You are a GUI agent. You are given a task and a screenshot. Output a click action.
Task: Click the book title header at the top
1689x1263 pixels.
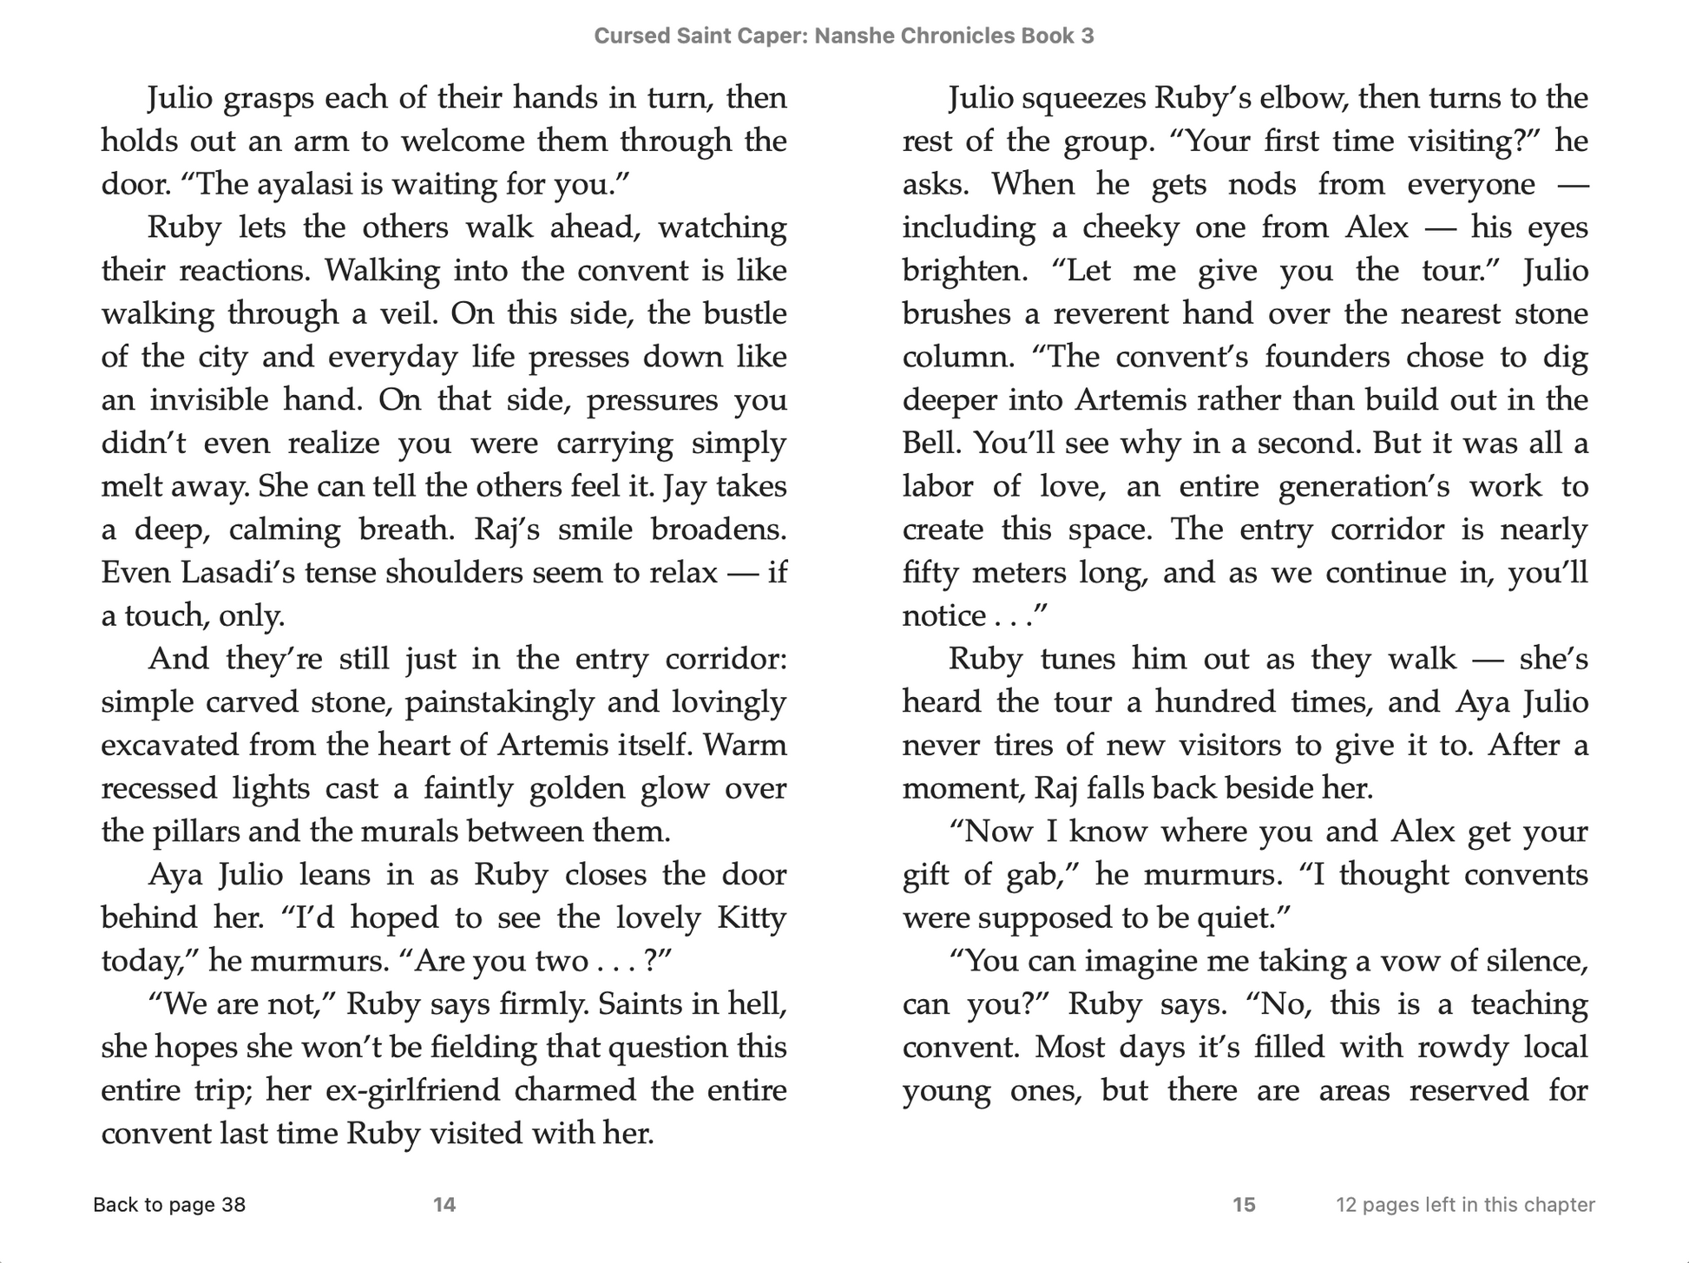844,36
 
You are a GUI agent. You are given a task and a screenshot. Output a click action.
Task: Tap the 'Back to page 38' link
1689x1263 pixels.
169,1205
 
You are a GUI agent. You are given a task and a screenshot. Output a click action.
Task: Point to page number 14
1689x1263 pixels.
444,1205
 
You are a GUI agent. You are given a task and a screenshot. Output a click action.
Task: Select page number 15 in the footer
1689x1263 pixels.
1244,1205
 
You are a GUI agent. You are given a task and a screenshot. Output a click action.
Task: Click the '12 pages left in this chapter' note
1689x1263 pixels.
1465,1205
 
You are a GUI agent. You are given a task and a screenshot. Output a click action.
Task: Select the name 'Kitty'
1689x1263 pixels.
752,918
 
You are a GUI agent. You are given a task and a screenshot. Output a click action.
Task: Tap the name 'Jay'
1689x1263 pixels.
681,486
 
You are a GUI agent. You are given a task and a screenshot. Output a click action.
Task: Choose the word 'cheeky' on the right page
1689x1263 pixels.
1125,228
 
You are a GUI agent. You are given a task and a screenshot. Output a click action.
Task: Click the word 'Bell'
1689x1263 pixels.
931,444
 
